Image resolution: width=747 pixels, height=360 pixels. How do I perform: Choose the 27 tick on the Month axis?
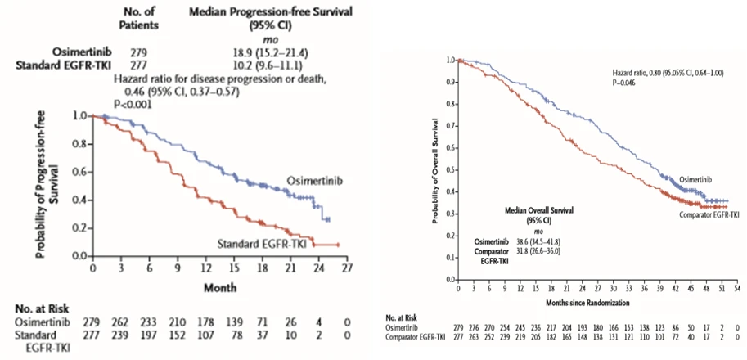pyautogui.click(x=348, y=268)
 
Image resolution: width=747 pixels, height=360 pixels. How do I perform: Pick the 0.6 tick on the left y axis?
pyautogui.click(x=79, y=172)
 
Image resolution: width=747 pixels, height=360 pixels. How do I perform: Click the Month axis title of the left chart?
pyautogui.click(x=221, y=287)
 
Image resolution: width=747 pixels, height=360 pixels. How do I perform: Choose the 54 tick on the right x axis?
pyautogui.click(x=737, y=289)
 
